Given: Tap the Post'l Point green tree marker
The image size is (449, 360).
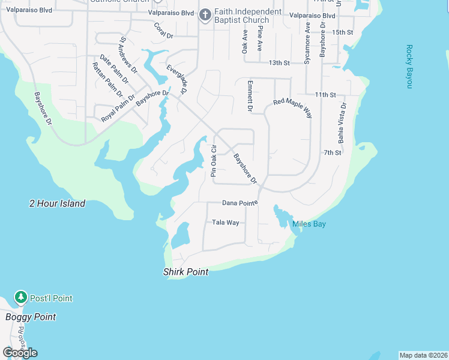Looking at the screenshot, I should pos(21,298).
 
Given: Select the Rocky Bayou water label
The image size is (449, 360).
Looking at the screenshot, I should pos(409,67).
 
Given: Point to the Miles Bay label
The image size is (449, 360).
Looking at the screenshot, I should pos(309,224).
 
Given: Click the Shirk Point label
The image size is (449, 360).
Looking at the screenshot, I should pos(185,272).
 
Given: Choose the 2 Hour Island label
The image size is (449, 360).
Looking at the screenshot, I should pos(57,203).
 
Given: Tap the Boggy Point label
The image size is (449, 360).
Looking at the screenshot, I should pos(31,317).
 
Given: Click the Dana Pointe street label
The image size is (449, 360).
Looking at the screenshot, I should pos(240,203).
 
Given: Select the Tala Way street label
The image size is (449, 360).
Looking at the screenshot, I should pos(226,223).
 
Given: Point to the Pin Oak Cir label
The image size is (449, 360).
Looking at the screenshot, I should pos(213,161).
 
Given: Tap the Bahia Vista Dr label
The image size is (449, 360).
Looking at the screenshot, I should pos(342,123).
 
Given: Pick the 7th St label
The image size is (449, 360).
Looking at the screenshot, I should pos(332,153).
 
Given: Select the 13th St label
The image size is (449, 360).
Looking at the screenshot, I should pos(279,62).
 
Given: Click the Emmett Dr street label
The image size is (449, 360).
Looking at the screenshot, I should pos(250,96).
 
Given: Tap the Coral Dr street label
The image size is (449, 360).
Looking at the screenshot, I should pos(163,31).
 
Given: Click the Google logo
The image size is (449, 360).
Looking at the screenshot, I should pos(20,353).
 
